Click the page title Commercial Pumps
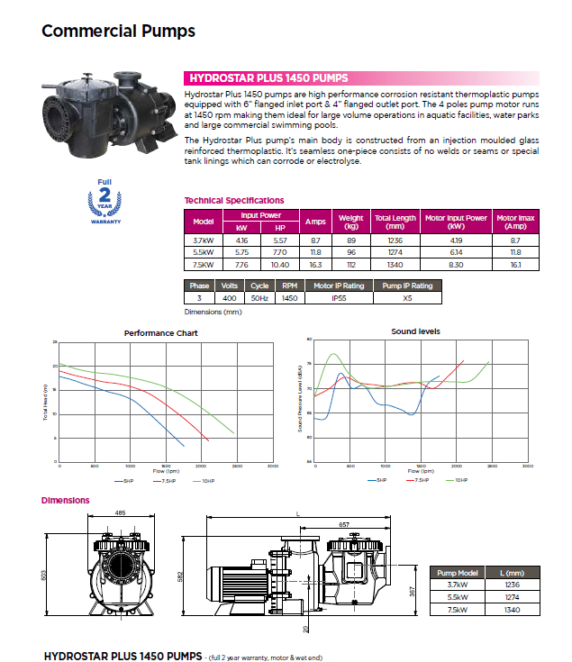118,32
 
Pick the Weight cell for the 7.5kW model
350,265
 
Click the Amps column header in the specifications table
315,222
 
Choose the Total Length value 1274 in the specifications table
395,253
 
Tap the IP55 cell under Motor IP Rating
338,297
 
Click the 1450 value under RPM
288,297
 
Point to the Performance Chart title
160,332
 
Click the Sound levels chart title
415,331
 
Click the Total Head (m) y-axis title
44,403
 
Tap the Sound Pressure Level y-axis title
299,403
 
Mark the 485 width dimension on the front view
120,513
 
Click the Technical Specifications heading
233,200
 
